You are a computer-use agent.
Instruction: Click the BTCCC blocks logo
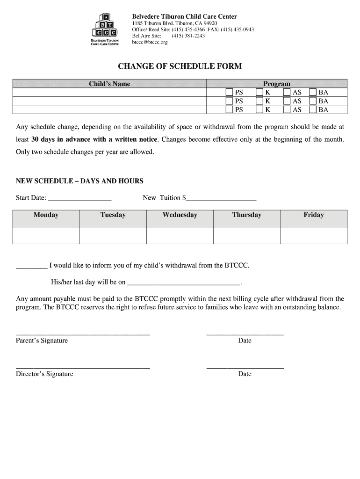point(105,29)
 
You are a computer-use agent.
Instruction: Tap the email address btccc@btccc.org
point(150,42)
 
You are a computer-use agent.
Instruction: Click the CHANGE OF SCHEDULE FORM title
point(180,66)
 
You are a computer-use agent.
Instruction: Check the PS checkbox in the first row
point(229,93)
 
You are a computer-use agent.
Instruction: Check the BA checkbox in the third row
point(313,110)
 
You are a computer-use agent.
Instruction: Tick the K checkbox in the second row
point(259,101)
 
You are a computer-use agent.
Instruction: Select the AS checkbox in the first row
point(287,93)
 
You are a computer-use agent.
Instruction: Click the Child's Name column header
point(109,84)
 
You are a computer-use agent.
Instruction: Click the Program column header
point(276,84)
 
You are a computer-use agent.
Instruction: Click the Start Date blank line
point(79,198)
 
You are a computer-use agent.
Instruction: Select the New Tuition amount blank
point(221,198)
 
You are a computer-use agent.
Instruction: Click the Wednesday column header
point(180,215)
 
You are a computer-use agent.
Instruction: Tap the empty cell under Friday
point(314,235)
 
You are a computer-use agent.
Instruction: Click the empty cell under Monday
point(46,235)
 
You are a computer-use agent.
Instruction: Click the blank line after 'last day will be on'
point(184,283)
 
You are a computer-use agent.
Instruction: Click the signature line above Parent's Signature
point(83,334)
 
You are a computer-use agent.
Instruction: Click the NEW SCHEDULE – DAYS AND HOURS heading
point(79,181)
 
